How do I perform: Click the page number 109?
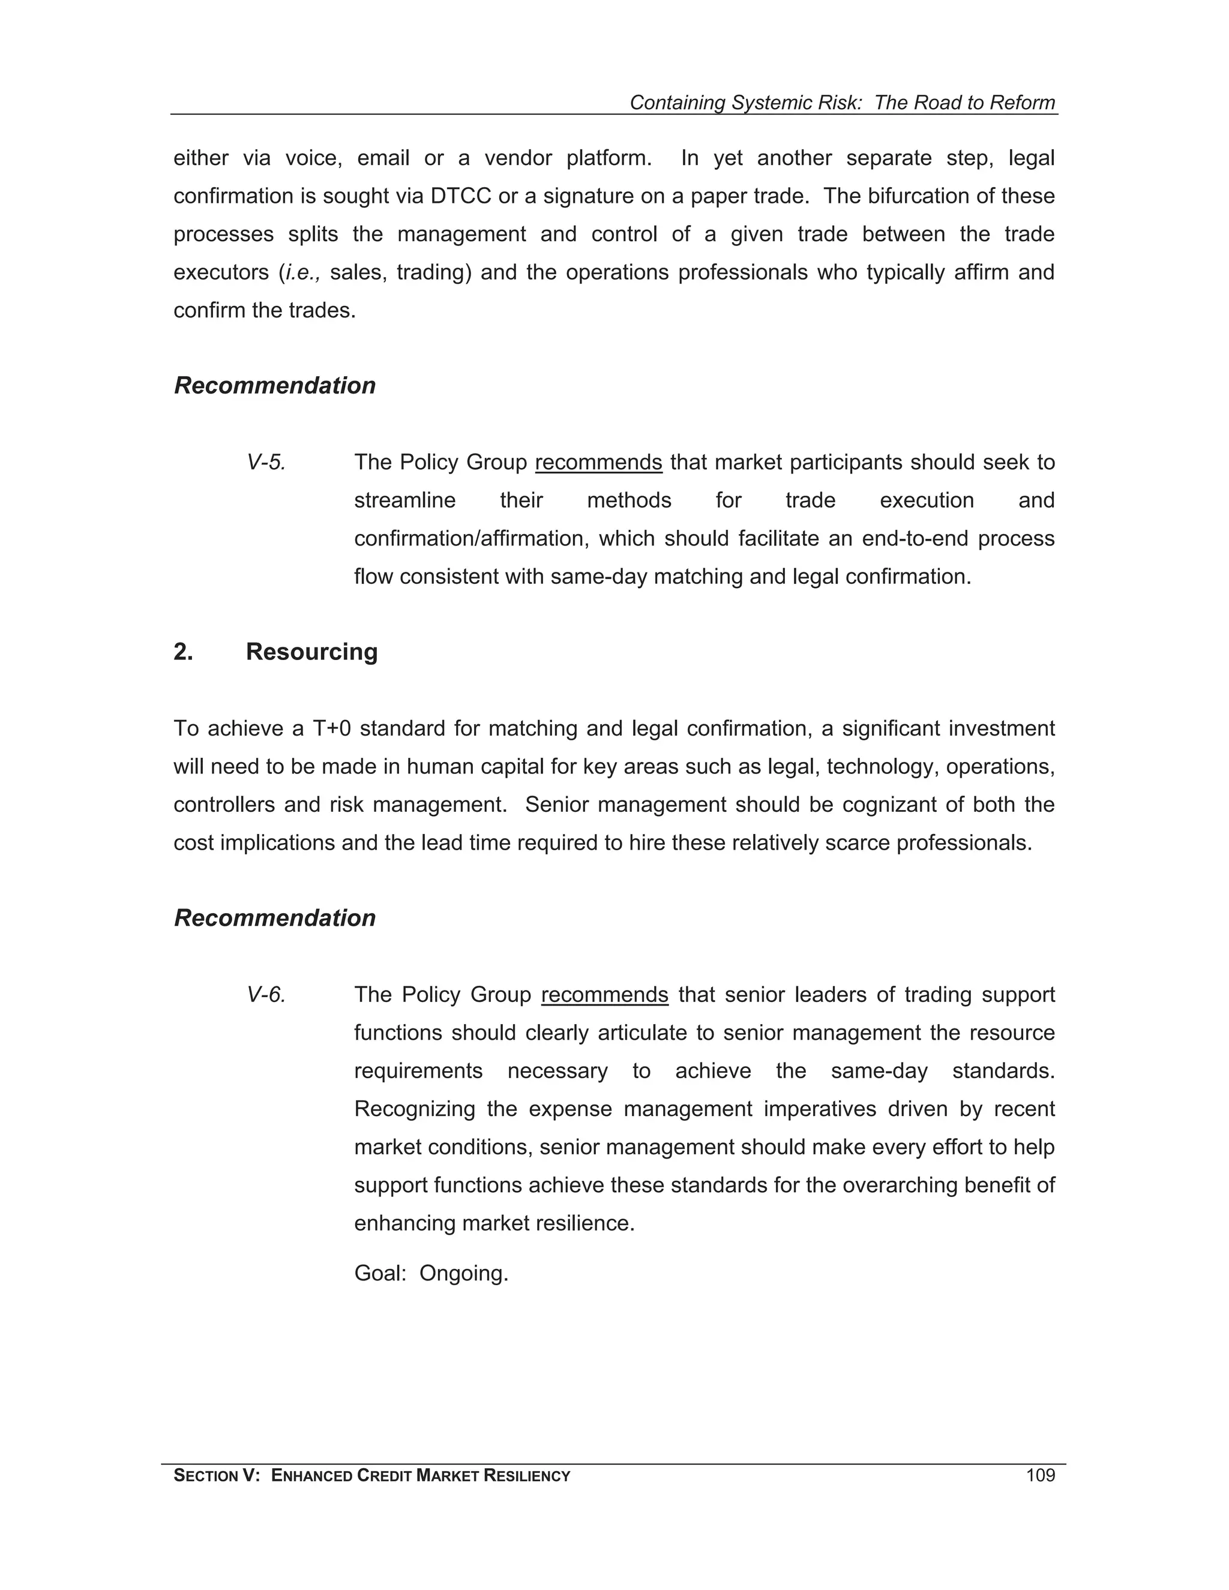point(1040,1476)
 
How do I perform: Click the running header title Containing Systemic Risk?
point(842,103)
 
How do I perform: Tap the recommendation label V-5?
point(266,462)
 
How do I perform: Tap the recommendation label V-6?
point(266,994)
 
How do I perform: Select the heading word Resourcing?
point(311,652)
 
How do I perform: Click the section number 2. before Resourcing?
point(184,652)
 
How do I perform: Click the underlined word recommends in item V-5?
point(598,462)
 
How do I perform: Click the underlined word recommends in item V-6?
point(604,994)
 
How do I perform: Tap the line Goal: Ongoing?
point(431,1273)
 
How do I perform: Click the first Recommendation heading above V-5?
point(274,386)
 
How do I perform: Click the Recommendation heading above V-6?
point(274,918)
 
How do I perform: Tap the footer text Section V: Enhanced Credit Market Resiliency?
point(371,1476)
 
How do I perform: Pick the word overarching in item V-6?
point(899,1185)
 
